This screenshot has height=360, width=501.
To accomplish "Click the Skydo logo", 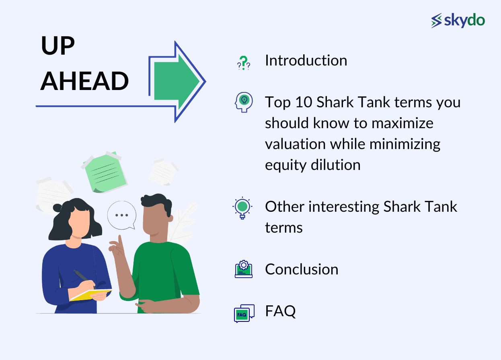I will pos(458,20).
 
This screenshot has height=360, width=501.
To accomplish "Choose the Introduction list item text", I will pos(306,61).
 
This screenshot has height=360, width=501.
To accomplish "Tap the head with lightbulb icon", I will pos(243,102).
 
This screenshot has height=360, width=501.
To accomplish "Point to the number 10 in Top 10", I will pos(302,102).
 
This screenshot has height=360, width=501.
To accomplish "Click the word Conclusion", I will pos(302,269).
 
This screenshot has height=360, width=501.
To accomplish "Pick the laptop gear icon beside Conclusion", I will pos(243,269).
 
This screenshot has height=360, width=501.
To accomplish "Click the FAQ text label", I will pos(280,311).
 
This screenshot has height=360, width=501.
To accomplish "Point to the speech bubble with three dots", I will pos(121,215).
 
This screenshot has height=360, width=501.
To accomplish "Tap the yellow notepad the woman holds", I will pos(90,295).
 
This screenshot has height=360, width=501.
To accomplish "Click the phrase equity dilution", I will pos(312,165).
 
